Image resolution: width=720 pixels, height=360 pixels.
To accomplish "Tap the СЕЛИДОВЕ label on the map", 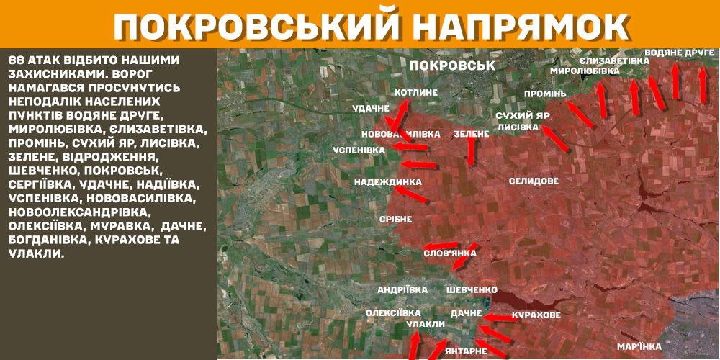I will pos(533,181).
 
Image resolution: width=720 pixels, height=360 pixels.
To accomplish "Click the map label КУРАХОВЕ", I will pos(536,315).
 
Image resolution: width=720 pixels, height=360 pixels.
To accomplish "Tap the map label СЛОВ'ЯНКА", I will pos(450,253).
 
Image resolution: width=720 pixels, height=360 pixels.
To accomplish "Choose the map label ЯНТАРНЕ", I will pos(466,351).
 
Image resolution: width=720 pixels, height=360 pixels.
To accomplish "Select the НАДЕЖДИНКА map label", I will pos(382,182).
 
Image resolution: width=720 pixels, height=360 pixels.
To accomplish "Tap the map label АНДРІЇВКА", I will pos(402,289).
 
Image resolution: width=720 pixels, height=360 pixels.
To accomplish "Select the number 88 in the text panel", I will pos(18,59).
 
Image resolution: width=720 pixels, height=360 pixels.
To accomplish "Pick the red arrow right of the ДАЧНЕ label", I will pos(496,316).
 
